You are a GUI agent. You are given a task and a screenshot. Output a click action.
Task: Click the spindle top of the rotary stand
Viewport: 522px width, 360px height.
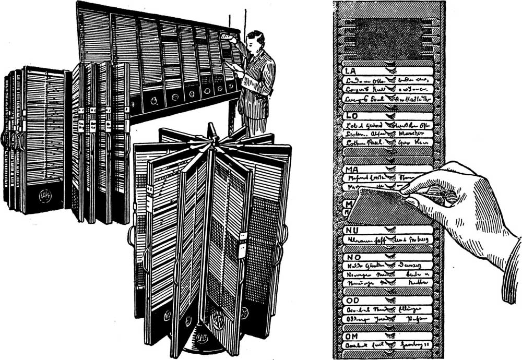click(211, 130)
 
